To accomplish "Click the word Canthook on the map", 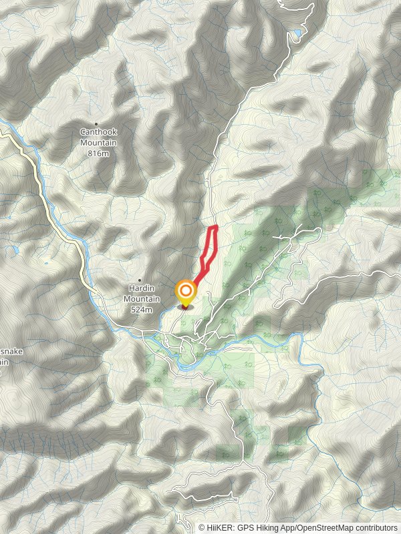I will (x=98, y=133).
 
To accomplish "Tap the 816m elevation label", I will (x=98, y=153).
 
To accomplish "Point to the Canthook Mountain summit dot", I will (x=96, y=123).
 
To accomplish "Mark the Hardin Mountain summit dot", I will (x=140, y=280).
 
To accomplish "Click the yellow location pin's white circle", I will (x=185, y=291).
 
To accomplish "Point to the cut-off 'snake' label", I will (x=5, y=352).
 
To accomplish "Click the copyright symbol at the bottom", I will (x=202, y=527).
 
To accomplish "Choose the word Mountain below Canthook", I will (x=98, y=143).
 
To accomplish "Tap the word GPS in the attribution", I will (x=251, y=527).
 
